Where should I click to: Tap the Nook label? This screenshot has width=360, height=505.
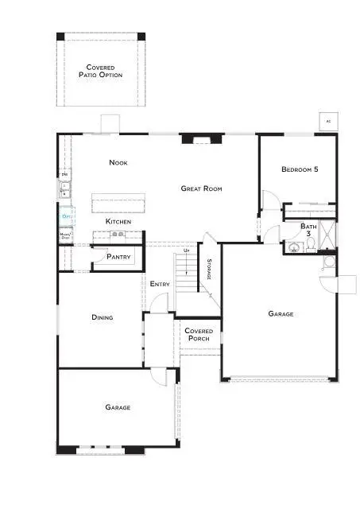click(x=118, y=163)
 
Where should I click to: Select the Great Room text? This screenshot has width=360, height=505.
click(x=201, y=188)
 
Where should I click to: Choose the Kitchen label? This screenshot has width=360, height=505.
click(x=118, y=220)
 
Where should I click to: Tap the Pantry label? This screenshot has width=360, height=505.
click(x=118, y=257)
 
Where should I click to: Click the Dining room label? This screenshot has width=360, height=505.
click(x=102, y=317)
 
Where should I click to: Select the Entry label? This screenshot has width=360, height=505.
click(x=159, y=283)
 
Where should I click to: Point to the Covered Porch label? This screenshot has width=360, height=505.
click(x=197, y=334)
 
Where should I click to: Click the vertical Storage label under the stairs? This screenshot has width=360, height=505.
click(x=209, y=269)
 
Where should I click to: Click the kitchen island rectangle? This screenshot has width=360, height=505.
click(x=119, y=203)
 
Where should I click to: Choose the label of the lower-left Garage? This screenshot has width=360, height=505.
click(x=118, y=407)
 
